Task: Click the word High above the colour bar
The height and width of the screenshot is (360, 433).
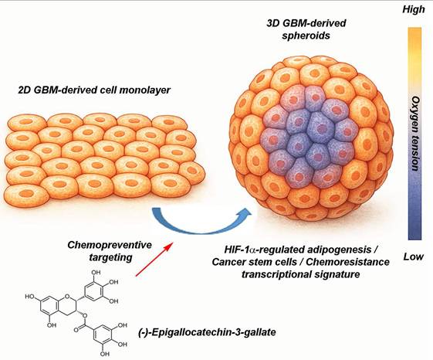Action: click(414, 10)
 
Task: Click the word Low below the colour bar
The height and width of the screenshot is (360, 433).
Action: click(414, 256)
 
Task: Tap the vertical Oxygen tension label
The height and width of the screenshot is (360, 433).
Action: click(415, 134)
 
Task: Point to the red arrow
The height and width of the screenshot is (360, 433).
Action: click(154, 260)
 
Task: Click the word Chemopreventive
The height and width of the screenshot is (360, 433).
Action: click(110, 245)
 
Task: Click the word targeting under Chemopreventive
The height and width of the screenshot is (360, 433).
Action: click(110, 258)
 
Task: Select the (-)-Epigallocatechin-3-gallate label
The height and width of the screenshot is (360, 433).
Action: click(207, 331)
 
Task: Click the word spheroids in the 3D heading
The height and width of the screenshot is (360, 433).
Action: click(306, 36)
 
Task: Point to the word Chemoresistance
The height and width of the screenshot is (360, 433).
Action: click(348, 262)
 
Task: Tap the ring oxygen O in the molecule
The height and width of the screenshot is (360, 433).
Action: click(66, 297)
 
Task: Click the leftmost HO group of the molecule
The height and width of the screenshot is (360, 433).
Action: click(30, 297)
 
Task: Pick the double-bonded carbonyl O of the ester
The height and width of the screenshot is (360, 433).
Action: click(76, 330)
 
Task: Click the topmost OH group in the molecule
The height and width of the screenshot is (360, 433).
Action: click(96, 273)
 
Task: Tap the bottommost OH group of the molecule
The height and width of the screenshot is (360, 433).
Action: click(104, 354)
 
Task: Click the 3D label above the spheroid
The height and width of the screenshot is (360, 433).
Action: click(272, 23)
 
